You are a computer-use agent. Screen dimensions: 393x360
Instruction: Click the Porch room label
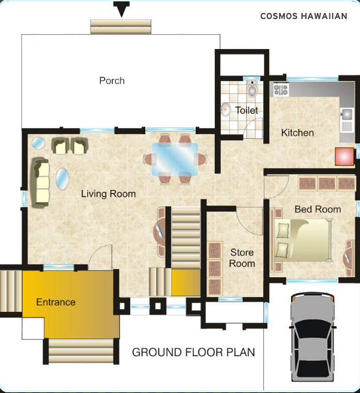pyautogui.click(x=112, y=80)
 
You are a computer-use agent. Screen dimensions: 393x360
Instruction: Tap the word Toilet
pyautogui.click(x=247, y=110)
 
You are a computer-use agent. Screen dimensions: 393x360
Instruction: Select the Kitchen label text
pyautogui.click(x=297, y=133)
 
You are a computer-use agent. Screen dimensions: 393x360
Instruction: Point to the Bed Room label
pyautogui.click(x=318, y=209)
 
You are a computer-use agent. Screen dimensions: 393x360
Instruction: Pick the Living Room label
pyautogui.click(x=108, y=194)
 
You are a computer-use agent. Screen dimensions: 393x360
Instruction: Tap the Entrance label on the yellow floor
pyautogui.click(x=56, y=302)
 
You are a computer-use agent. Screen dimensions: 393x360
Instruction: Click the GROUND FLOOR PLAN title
pyautogui.click(x=194, y=352)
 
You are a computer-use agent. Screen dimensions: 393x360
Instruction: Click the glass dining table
pyautogui.click(x=175, y=159)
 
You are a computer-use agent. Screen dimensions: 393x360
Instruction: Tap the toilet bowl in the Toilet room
pyautogui.click(x=252, y=89)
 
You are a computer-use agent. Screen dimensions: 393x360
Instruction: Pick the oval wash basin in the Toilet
pyautogui.click(x=226, y=110)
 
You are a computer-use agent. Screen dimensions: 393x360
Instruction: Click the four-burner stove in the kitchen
pyautogui.click(x=280, y=89)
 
